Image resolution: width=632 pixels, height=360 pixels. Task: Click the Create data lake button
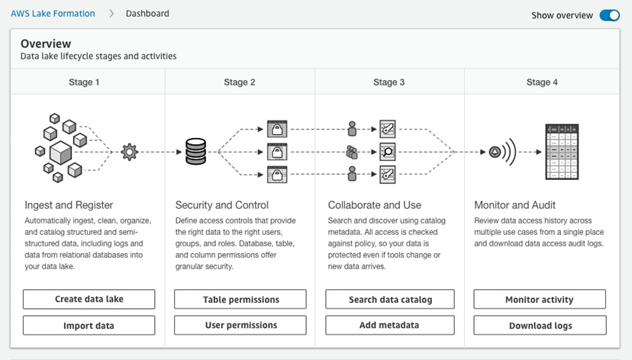point(89,300)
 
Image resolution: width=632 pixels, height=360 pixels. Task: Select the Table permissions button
point(240,300)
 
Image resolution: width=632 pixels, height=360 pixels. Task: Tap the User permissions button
point(240,326)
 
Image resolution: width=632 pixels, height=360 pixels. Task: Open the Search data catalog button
point(390,300)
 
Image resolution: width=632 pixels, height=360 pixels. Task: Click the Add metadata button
point(390,326)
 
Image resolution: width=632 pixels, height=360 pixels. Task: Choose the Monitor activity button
point(540,300)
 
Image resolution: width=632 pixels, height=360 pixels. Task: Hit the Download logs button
point(540,326)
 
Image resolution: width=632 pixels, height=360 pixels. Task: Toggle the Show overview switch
point(609,14)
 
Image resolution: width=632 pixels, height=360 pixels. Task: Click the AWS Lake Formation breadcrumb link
point(53,14)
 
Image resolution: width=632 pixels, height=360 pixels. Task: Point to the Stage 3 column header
point(389,82)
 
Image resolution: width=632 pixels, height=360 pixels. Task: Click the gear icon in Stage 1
point(129,152)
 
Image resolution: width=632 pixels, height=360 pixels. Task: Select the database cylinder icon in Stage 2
point(195,152)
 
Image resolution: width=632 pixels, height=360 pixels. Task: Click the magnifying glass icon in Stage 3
point(387,152)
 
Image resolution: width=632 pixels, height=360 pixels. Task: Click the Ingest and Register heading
point(69,205)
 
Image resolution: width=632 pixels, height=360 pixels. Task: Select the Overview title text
point(46,44)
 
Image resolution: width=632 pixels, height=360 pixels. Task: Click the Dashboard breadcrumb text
point(147,14)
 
